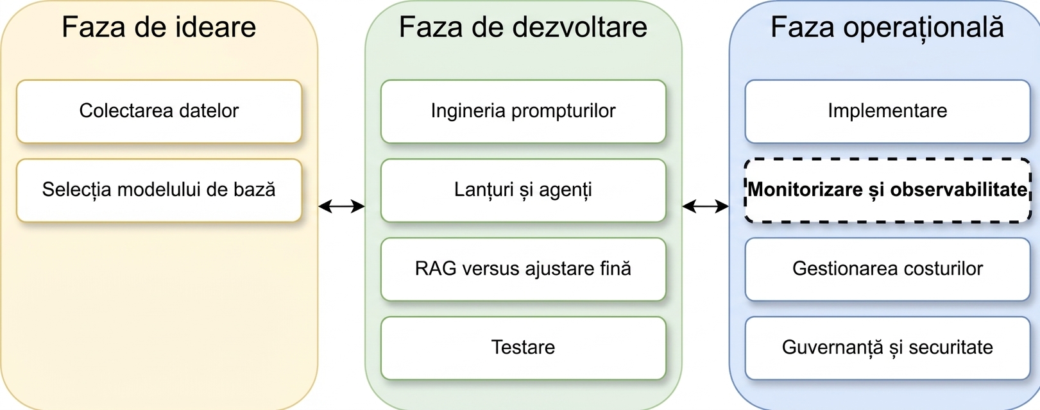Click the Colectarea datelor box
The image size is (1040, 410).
click(x=158, y=111)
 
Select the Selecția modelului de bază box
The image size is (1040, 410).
click(x=158, y=190)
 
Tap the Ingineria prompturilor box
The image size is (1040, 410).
click(x=524, y=111)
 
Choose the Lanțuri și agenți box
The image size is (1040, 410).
click(x=524, y=190)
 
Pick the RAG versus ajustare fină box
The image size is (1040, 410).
click(x=524, y=269)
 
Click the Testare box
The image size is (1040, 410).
click(x=524, y=348)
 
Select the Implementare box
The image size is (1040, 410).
click(x=888, y=111)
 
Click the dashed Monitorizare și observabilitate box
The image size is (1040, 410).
click(x=888, y=190)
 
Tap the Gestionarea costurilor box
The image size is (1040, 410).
click(x=888, y=269)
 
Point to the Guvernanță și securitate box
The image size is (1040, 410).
click(x=888, y=348)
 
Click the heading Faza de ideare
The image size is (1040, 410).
click(x=158, y=27)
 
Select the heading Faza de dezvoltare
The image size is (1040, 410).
click(x=524, y=27)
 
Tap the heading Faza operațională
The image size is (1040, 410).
click(x=887, y=28)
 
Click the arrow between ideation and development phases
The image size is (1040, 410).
click(x=341, y=206)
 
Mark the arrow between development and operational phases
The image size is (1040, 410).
click(x=705, y=206)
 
